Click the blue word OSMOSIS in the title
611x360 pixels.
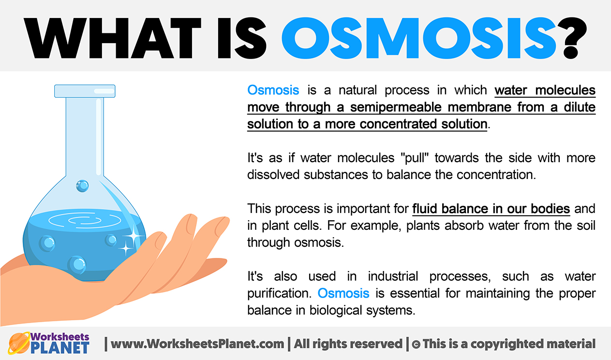click(418, 38)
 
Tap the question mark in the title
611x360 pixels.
click(572, 38)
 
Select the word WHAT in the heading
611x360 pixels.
click(113, 38)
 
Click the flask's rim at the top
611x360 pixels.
click(85, 91)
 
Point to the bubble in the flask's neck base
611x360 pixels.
click(82, 186)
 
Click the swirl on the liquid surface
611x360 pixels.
click(85, 220)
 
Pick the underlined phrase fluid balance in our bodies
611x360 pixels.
click(491, 209)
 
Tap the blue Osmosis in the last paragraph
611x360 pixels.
click(343, 293)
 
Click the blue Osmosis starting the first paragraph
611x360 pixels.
click(273, 90)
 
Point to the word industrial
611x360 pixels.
click(393, 276)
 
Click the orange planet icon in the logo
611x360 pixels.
click(18, 343)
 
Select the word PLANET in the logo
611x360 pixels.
click(60, 348)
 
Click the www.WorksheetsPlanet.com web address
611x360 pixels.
click(197, 344)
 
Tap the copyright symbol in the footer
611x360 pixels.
click(416, 345)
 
